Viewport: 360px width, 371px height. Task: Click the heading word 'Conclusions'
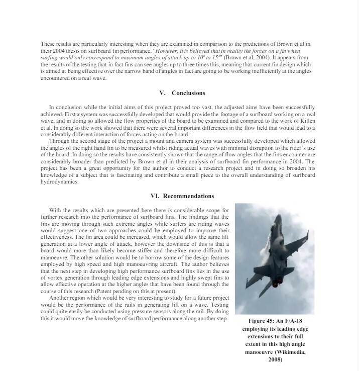[188, 93]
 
